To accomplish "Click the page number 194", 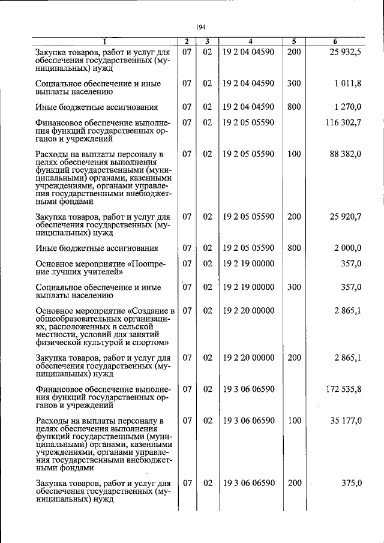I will pos(201,27).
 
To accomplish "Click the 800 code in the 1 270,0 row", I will pos(294,107).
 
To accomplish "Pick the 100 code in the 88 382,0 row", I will pos(294,154).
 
